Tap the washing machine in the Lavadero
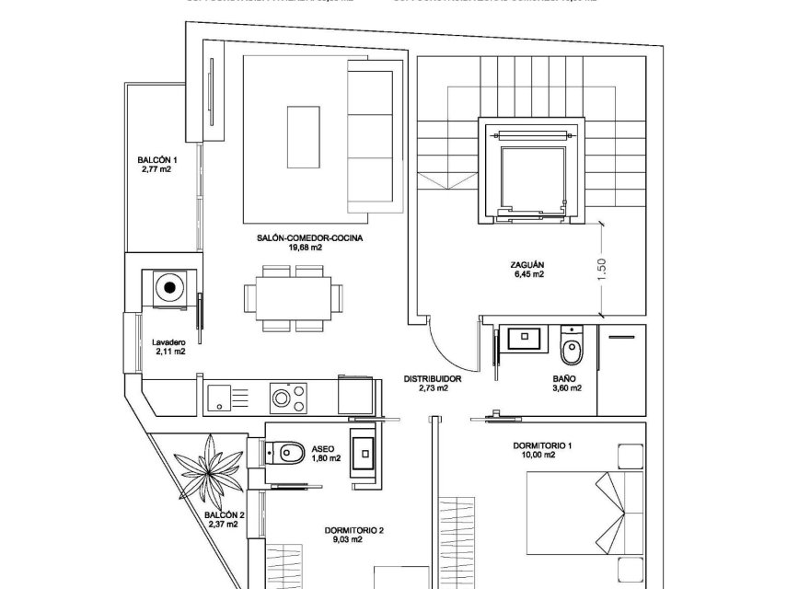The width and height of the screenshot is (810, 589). pyautogui.click(x=169, y=287)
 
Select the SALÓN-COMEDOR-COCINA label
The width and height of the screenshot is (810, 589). pyautogui.click(x=297, y=238)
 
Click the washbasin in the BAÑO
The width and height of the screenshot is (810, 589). pyautogui.click(x=528, y=339)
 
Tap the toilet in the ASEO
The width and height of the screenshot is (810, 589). pyautogui.click(x=285, y=451)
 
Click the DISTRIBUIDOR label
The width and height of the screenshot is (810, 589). pyautogui.click(x=432, y=378)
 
